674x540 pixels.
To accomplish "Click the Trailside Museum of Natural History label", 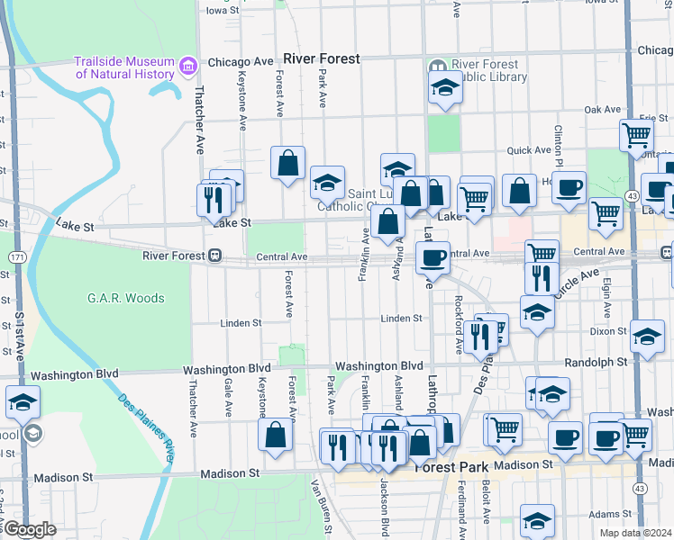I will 124,67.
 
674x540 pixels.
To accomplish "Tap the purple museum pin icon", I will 188,64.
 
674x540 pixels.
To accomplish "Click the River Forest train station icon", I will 215,256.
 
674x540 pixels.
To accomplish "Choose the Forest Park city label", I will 451,467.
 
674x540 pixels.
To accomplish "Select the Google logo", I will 29,529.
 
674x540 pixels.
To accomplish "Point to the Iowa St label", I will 223,11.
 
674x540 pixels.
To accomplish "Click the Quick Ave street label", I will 529,150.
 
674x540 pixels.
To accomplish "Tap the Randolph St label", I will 596,362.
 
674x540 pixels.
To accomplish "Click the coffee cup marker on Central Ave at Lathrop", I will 433,257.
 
